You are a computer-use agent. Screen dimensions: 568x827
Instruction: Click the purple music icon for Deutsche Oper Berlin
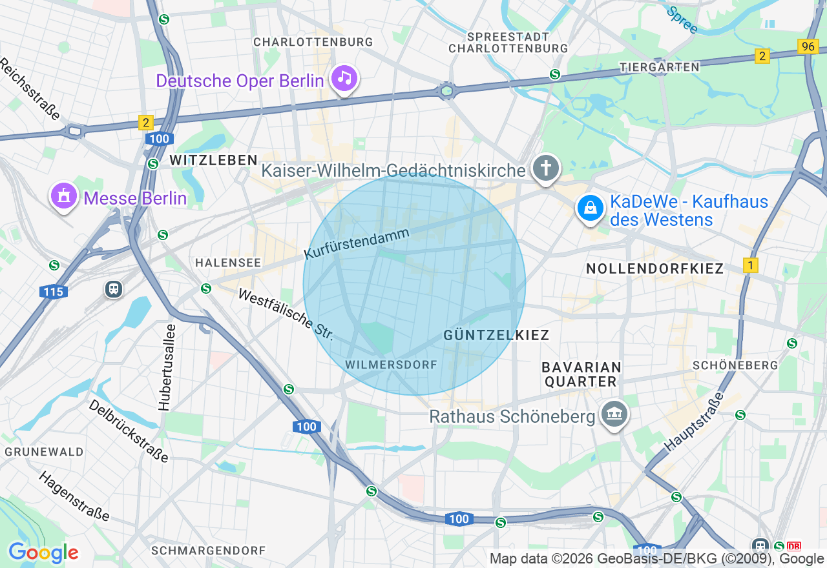pyautogui.click(x=344, y=79)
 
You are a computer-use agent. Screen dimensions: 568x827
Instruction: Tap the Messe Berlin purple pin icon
pyautogui.click(x=64, y=196)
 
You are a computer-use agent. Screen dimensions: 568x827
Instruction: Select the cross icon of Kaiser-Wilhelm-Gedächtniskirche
pyautogui.click(x=546, y=169)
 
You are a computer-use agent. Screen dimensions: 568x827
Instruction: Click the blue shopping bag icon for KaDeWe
pyautogui.click(x=590, y=208)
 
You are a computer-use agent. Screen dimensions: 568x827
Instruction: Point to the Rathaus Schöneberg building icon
pyautogui.click(x=613, y=415)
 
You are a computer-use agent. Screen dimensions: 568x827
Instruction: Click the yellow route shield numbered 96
pyautogui.click(x=807, y=46)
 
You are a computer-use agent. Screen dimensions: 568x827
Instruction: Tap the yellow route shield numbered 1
pyautogui.click(x=750, y=265)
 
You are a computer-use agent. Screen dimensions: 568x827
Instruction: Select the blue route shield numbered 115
pyautogui.click(x=53, y=292)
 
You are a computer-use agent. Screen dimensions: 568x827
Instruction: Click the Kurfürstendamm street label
pyautogui.click(x=357, y=244)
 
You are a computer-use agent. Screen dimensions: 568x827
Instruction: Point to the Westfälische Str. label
pyautogui.click(x=286, y=315)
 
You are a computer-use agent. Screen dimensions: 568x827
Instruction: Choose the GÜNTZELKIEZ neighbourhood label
pyautogui.click(x=496, y=335)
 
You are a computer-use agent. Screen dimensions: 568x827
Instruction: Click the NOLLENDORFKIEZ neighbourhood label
pyautogui.click(x=654, y=269)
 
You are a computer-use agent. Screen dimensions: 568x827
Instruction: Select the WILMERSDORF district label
pyautogui.click(x=391, y=365)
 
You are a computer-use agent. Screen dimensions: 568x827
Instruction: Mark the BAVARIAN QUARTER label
pyautogui.click(x=581, y=374)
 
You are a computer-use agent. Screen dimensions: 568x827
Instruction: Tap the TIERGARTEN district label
pyautogui.click(x=659, y=67)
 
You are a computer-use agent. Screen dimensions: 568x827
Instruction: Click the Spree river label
pyautogui.click(x=682, y=20)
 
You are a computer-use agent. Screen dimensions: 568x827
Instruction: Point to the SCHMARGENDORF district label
pyautogui.click(x=208, y=551)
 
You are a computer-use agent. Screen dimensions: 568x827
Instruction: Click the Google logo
pyautogui.click(x=43, y=553)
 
